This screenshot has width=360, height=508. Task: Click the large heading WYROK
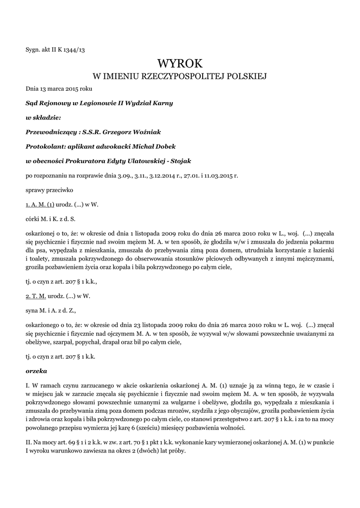[180, 63]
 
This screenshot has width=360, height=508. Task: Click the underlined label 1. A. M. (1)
[40, 204]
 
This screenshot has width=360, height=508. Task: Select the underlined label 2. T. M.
[36, 296]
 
